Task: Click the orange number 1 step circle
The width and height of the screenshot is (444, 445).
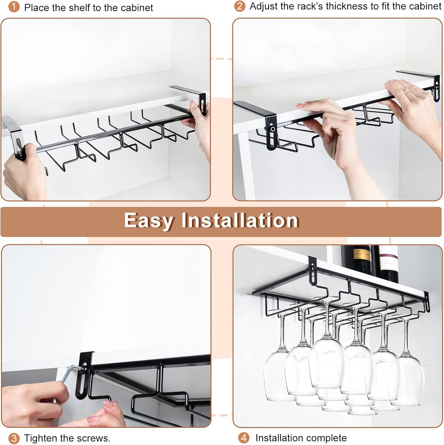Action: tap(14, 7)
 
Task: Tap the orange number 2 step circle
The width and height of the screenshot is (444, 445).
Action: tap(239, 6)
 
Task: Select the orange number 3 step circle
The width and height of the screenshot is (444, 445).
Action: tap(14, 438)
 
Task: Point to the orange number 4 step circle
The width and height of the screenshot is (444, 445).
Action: tap(244, 438)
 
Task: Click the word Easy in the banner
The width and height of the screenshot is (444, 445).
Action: tap(148, 221)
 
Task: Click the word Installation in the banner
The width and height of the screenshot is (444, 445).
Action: tap(240, 221)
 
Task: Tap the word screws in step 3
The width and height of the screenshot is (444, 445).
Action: tap(94, 438)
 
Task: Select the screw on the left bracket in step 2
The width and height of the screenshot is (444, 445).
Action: tap(272, 129)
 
